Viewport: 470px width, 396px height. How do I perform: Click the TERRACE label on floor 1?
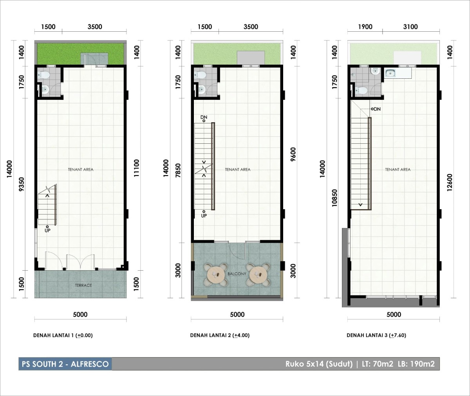pyautogui.click(x=83, y=285)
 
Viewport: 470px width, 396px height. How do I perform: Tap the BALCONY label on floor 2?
pyautogui.click(x=237, y=274)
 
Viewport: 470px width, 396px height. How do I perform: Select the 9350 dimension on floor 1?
pyautogui.click(x=22, y=184)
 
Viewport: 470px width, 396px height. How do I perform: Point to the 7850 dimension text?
pyautogui.click(x=178, y=171)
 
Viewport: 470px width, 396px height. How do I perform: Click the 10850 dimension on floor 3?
pyautogui.click(x=334, y=198)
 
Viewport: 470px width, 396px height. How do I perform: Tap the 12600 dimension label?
pyautogui.click(x=450, y=183)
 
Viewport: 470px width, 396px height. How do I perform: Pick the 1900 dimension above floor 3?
pyautogui.click(x=365, y=27)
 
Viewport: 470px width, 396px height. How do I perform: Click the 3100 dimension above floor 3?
pyautogui.click(x=410, y=27)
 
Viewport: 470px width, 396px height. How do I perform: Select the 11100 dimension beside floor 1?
pyautogui.click(x=136, y=168)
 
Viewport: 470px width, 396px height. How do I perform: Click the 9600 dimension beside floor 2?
pyautogui.click(x=293, y=154)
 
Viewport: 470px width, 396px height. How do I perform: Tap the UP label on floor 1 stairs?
pyautogui.click(x=47, y=231)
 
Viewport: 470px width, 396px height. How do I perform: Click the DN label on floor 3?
pyautogui.click(x=377, y=109)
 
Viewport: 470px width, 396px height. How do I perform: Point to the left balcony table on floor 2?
pyautogui.click(x=215, y=275)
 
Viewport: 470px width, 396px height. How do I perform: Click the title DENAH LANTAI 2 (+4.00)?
pyautogui.click(x=220, y=335)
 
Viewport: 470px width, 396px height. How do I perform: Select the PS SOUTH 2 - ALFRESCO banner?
pyautogui.click(x=65, y=364)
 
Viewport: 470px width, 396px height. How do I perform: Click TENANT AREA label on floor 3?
pyautogui.click(x=398, y=169)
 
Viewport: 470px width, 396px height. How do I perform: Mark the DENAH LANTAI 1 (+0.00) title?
pyautogui.click(x=63, y=335)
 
